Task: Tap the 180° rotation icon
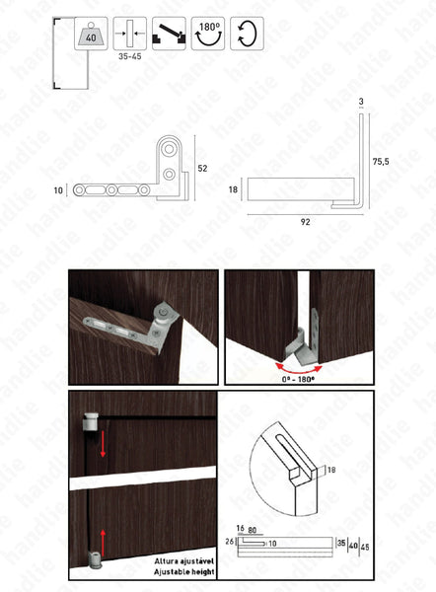tap(207, 34)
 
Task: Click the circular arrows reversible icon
tap(246, 34)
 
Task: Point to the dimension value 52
tap(202, 169)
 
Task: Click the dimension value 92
tap(305, 222)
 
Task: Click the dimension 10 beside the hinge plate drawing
tap(58, 188)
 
